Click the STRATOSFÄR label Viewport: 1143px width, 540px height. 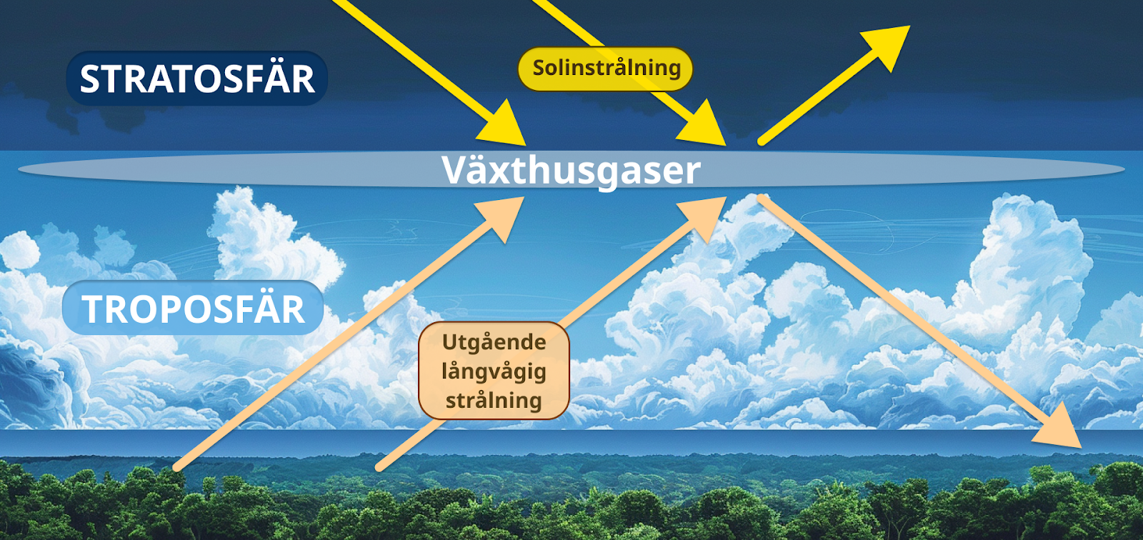pos(196,79)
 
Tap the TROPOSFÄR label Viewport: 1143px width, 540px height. pos(193,309)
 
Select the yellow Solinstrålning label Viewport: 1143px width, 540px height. pos(606,69)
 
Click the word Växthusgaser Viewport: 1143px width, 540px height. pos(571,170)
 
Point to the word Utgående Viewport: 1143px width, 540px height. pos(494,342)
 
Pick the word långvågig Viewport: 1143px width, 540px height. pos(494,371)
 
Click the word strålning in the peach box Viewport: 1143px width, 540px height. pos(494,400)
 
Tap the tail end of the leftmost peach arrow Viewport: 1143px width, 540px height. pos(177,468)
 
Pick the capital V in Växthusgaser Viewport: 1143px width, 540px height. pos(456,170)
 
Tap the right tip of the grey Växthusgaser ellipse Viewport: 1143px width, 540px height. pos(1124,170)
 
